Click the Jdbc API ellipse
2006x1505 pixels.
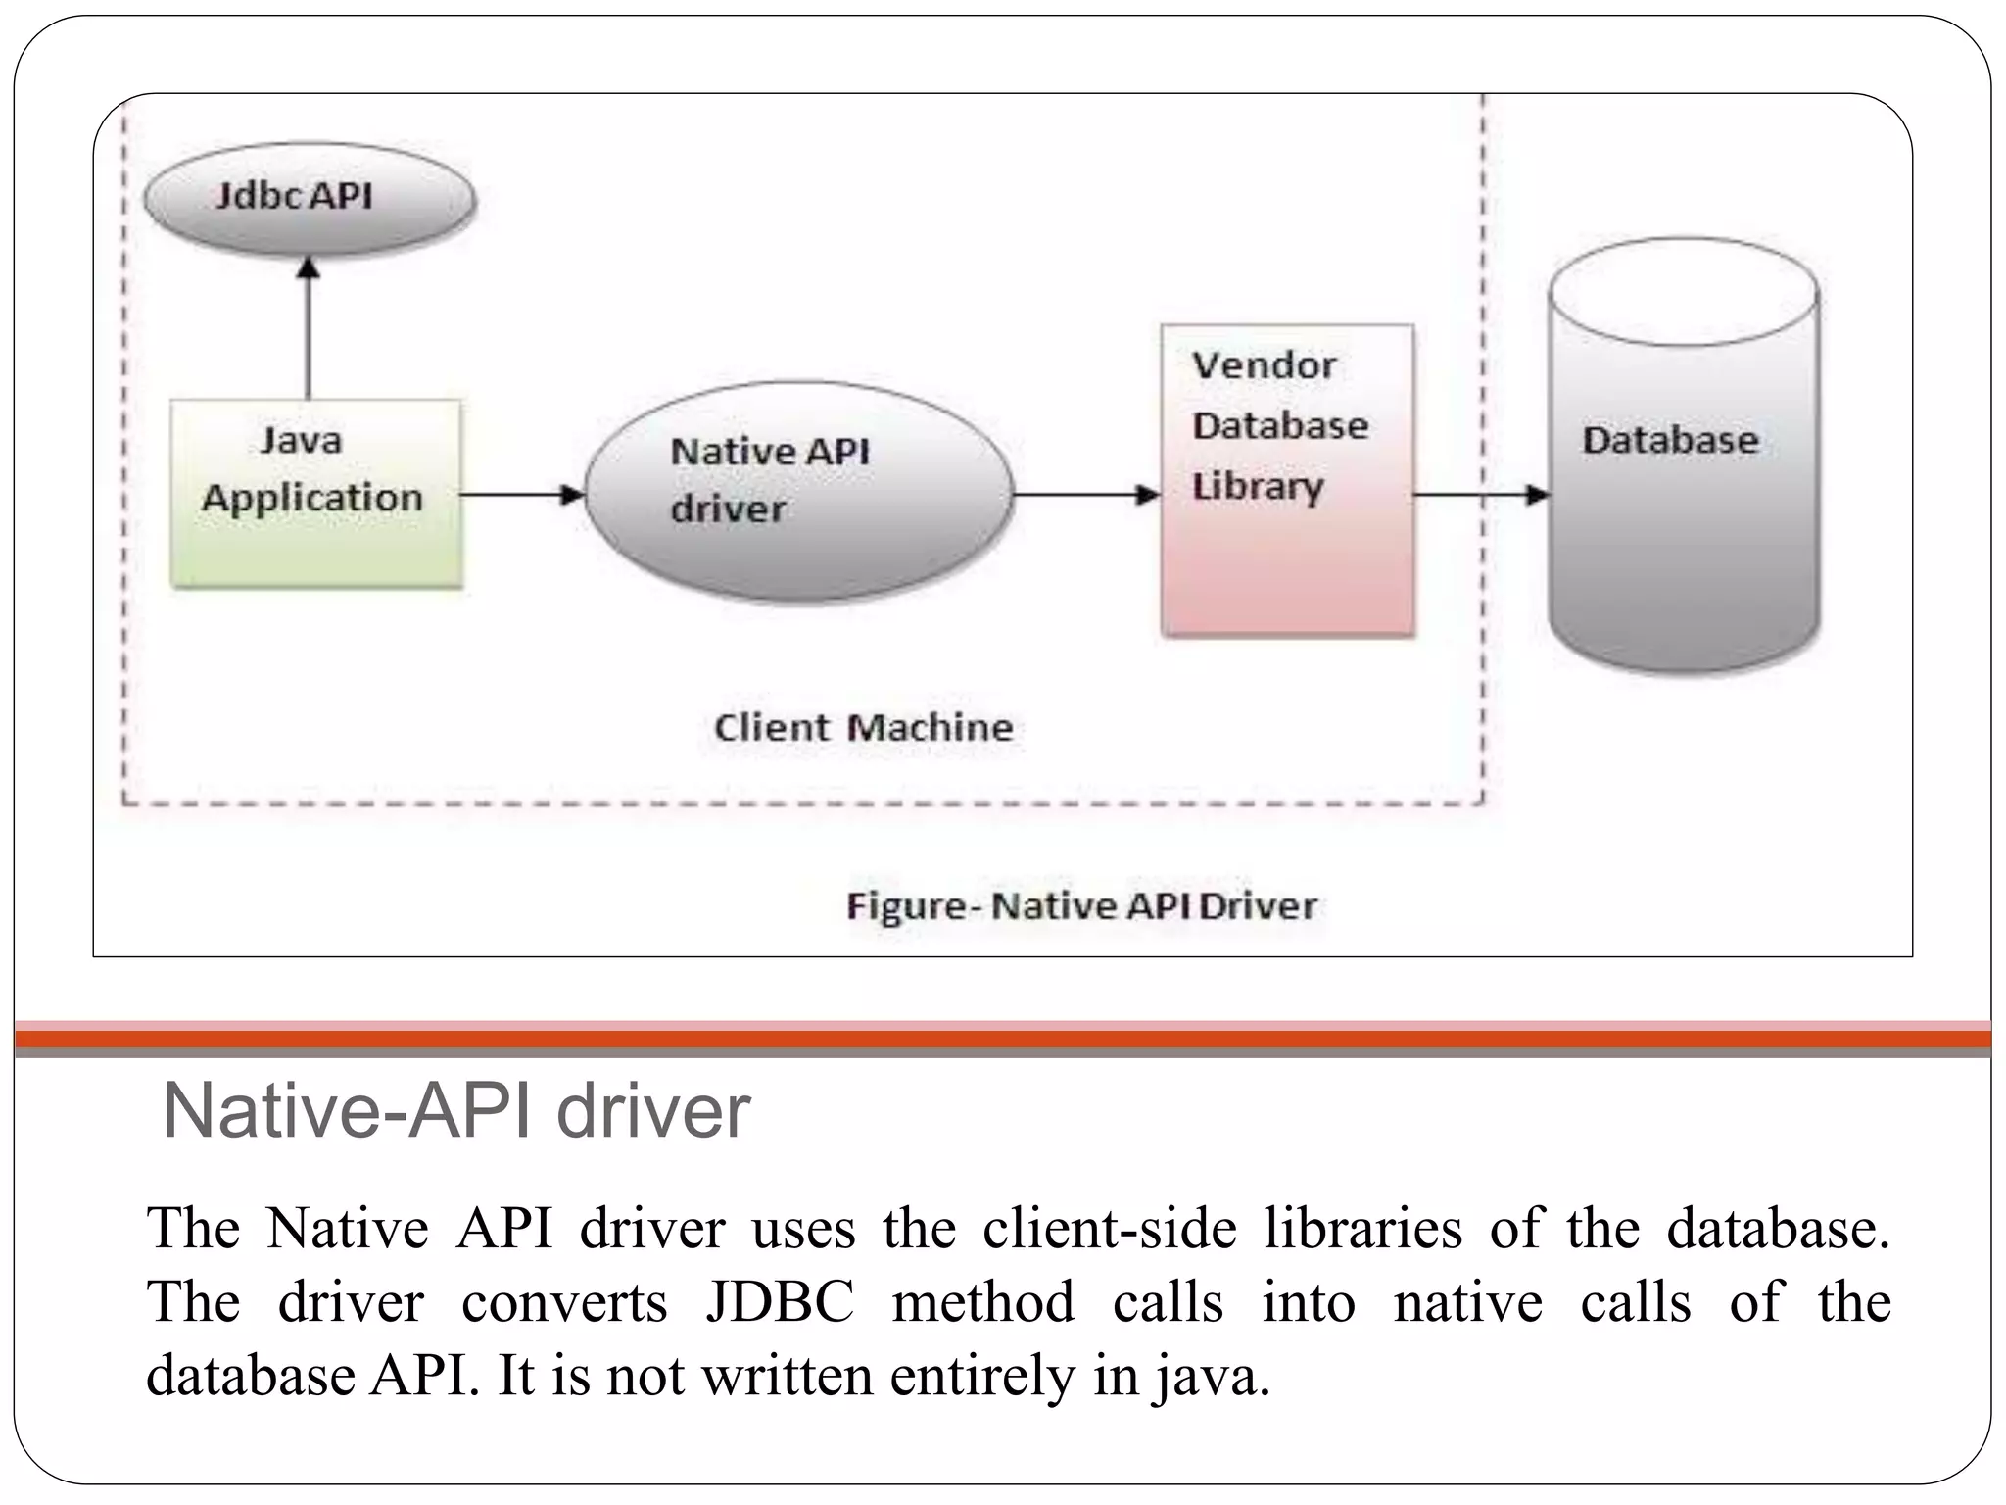click(x=310, y=198)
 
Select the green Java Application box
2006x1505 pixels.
click(x=315, y=494)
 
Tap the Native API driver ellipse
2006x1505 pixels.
click(x=798, y=492)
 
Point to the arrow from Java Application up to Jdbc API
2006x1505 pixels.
click(x=310, y=328)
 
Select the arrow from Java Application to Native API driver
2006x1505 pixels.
click(x=521, y=495)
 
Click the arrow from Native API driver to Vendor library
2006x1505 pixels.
click(x=1085, y=495)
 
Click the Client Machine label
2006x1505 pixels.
click(x=863, y=728)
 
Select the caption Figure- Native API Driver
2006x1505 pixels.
click(x=1080, y=906)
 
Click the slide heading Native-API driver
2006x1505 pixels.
click(x=456, y=1111)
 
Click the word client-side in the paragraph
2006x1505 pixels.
click(x=1109, y=1229)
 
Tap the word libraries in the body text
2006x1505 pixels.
click(x=1362, y=1229)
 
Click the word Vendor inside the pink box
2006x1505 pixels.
click(x=1264, y=366)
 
